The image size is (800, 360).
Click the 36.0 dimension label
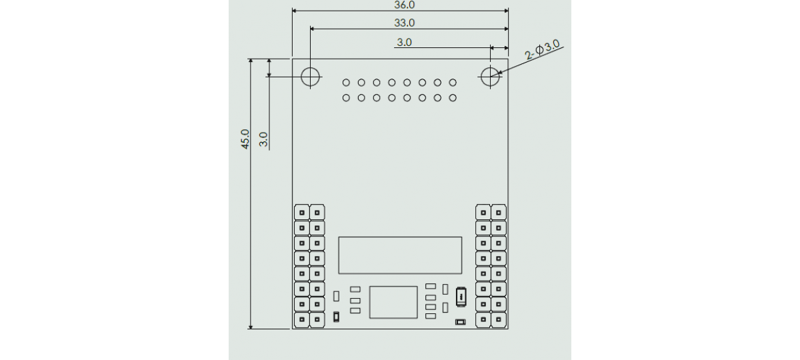(x=405, y=5)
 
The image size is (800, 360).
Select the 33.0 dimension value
(x=405, y=23)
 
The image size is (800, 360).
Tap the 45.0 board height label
(x=245, y=139)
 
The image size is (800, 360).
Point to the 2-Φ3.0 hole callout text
(x=543, y=51)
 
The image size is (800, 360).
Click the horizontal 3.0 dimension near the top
(x=405, y=42)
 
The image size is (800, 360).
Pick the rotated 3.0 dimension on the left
(x=264, y=139)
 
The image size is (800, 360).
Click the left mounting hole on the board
(x=311, y=76)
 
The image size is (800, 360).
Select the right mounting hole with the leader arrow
(x=490, y=76)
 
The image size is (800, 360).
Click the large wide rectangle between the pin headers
(x=400, y=255)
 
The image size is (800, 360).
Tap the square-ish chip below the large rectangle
(x=393, y=302)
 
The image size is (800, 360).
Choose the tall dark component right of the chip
(x=460, y=297)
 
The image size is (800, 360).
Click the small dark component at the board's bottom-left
(x=337, y=317)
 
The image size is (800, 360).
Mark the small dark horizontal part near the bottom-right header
(x=460, y=323)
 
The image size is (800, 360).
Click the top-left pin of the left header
(x=301, y=213)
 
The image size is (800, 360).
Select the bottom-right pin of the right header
(x=498, y=321)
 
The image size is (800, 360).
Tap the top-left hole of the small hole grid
(x=346, y=83)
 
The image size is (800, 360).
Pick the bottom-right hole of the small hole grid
(x=453, y=98)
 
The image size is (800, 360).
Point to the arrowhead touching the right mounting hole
(x=497, y=73)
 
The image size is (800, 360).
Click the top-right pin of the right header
(x=498, y=213)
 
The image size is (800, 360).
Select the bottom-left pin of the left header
(x=301, y=321)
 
